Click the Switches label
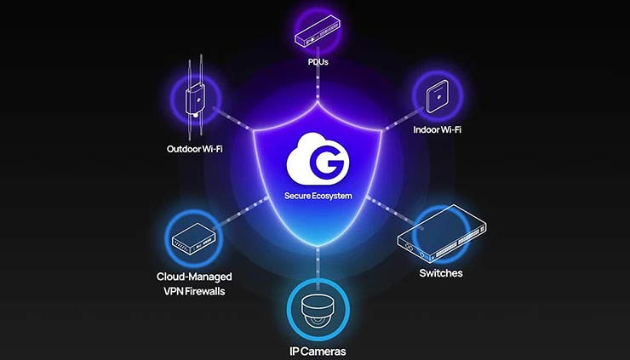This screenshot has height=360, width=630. click(x=440, y=273)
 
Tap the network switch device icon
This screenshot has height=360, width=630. click(x=441, y=237)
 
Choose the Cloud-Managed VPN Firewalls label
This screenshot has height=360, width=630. click(x=194, y=283)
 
